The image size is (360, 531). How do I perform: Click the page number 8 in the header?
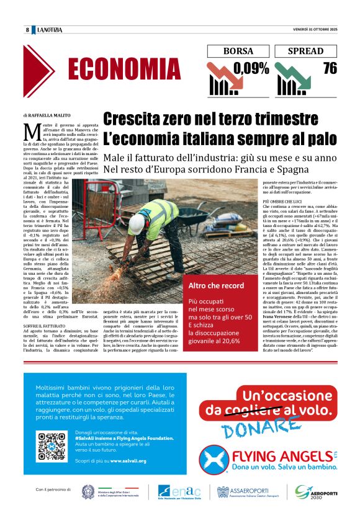pyautogui.click(x=28, y=30)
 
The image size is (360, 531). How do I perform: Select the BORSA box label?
pyautogui.click(x=238, y=51)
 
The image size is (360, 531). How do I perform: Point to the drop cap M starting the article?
pyautogui.click(x=30, y=131)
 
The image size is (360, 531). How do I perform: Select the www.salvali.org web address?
pyautogui.click(x=128, y=461)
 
